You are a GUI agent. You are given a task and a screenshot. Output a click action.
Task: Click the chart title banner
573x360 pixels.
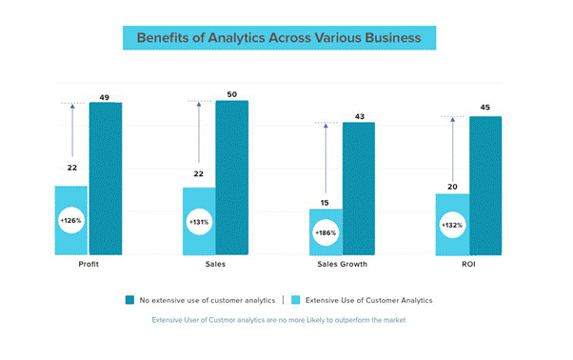coord(279,38)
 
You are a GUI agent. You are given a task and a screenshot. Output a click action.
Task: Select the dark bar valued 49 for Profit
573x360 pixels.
coord(106,178)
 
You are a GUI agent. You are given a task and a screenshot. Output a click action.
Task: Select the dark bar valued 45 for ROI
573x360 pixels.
coord(485,186)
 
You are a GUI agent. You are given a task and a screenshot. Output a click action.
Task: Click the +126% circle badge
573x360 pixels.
coord(72,221)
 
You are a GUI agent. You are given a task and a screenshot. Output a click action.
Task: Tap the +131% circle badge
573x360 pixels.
coord(199,223)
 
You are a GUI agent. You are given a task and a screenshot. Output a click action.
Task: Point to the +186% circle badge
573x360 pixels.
coord(326,232)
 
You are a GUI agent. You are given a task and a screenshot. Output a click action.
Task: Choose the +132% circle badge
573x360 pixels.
coord(453,226)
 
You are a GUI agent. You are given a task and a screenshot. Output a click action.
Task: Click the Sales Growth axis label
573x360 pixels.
coord(342,264)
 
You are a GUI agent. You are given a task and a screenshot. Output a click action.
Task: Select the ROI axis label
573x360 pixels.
coord(467,264)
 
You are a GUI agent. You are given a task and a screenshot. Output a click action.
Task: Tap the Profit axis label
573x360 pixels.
coord(89,264)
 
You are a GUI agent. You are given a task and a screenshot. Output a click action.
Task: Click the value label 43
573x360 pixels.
coord(359,115)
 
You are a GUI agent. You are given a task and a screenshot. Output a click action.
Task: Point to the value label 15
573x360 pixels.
coord(326,201)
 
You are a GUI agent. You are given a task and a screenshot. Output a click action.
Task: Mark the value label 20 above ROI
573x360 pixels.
coord(452,187)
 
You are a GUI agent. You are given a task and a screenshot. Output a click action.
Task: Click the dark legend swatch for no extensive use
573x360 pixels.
coord(129,300)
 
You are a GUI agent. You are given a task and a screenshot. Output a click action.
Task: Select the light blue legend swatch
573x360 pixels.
coord(296,300)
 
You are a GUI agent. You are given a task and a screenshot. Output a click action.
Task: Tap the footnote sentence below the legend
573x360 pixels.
coord(279,320)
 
